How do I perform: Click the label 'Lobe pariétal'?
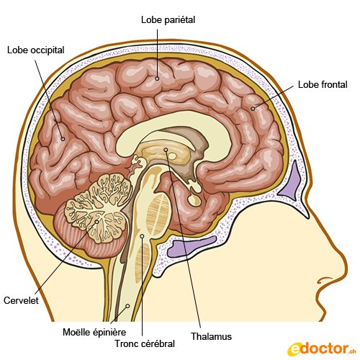(x=168, y=20)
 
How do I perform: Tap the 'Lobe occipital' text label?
(x=36, y=50)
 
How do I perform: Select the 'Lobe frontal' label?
(x=323, y=85)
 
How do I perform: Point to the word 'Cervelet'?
(x=21, y=300)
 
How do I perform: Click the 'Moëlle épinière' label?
(x=94, y=333)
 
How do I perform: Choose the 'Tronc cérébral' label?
(x=145, y=343)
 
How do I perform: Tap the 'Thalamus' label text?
(x=211, y=336)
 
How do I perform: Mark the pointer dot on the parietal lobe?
(x=157, y=78)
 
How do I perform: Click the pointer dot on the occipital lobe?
(x=63, y=139)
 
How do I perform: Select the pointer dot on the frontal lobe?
(x=253, y=109)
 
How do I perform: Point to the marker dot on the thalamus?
(x=166, y=150)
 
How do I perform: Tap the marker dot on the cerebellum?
(x=96, y=222)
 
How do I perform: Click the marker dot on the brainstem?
(x=142, y=236)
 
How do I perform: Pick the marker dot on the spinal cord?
(x=127, y=306)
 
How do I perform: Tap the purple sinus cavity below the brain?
(x=189, y=246)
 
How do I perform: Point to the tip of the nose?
(x=346, y=266)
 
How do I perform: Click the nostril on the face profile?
(x=325, y=280)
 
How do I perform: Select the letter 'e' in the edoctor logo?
(x=294, y=350)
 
